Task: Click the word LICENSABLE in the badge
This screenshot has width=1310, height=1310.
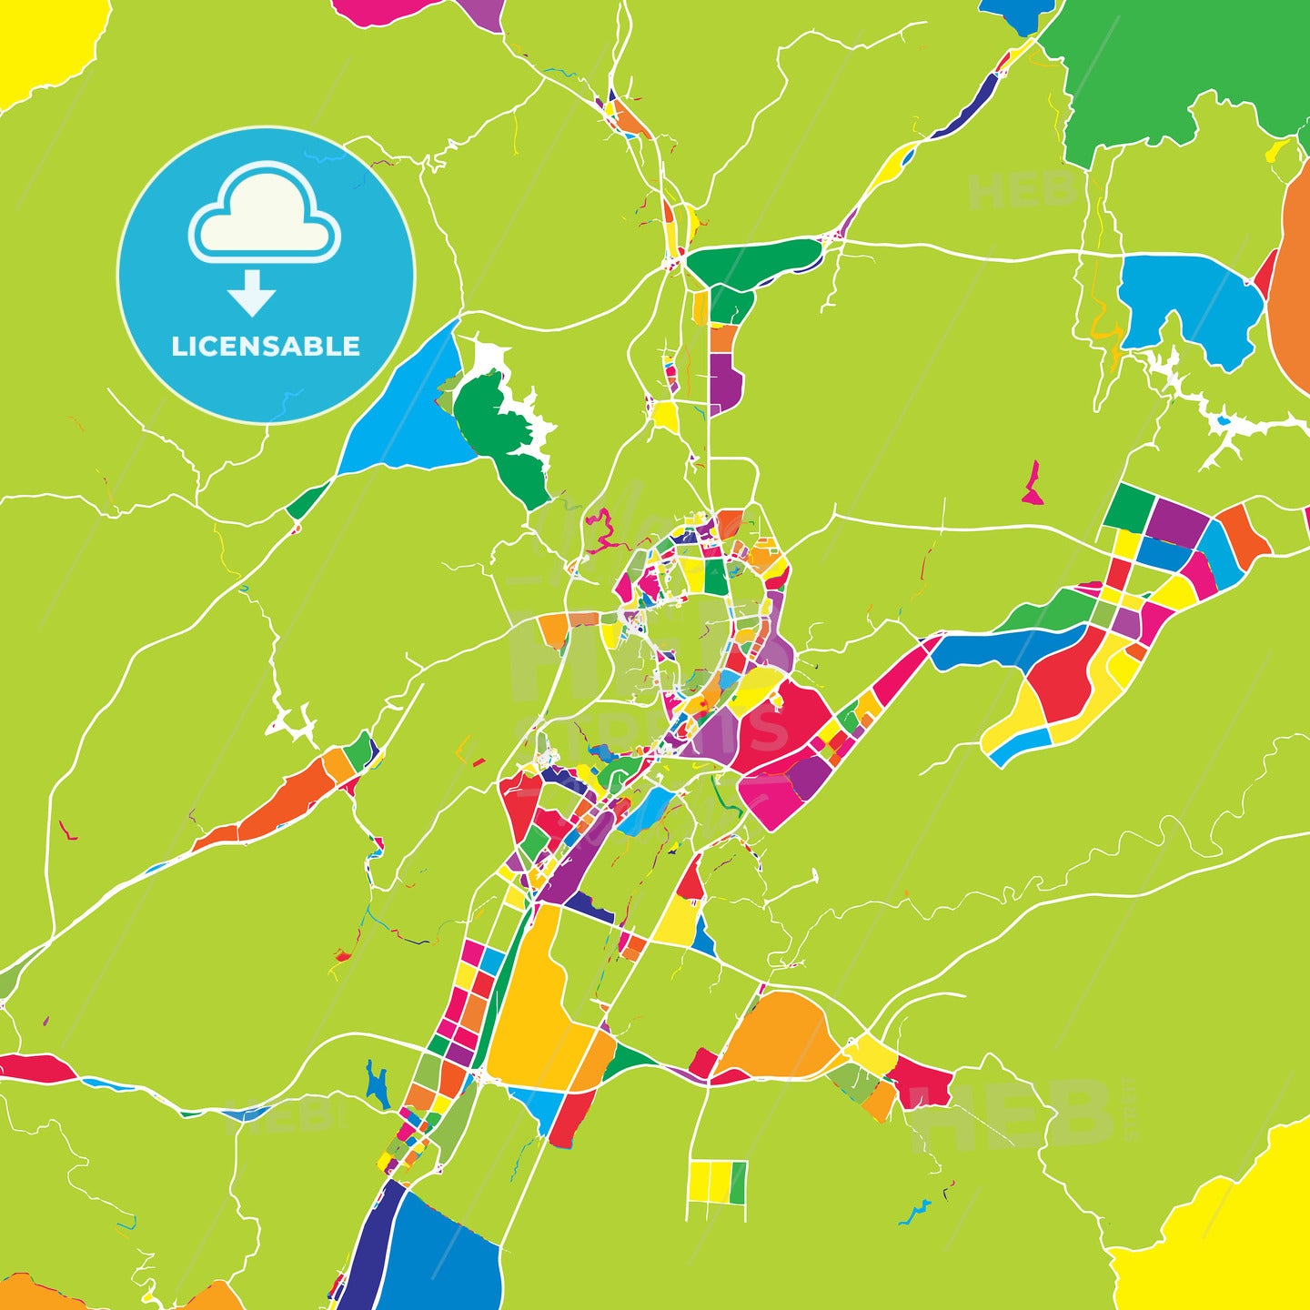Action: click(x=266, y=347)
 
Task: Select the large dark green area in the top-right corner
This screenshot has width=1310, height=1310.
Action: click(x=1183, y=64)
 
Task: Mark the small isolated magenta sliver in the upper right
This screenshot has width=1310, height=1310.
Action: click(x=1032, y=484)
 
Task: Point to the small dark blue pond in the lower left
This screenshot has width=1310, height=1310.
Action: click(x=377, y=1083)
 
